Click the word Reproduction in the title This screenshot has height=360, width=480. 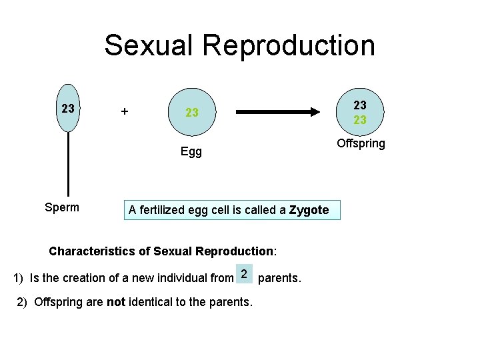coord(289,45)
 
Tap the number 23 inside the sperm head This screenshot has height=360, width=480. coord(67,108)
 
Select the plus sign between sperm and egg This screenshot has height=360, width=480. coord(123,111)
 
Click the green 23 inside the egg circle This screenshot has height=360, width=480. coord(192,113)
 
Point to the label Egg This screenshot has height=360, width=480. coord(191,152)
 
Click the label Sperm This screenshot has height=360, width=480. coord(61,207)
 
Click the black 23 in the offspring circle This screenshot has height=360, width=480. coord(360,105)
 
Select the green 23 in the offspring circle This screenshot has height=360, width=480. coord(360,120)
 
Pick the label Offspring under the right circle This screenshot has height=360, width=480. coord(361,144)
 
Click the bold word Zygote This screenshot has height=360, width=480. coord(309,210)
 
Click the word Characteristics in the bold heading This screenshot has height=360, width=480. coord(93,251)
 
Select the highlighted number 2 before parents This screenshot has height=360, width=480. coord(245,274)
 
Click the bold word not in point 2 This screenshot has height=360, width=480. coord(116,302)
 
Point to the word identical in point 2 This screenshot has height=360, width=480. coord(151,302)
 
